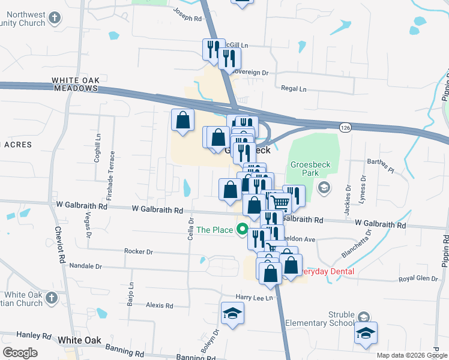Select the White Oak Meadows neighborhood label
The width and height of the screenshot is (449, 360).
click(74, 84)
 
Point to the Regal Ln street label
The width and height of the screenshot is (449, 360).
click(294, 88)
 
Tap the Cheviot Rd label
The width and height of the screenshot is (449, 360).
click(61, 246)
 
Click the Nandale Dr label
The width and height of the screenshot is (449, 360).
click(86, 265)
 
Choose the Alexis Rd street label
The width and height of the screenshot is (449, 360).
click(160, 305)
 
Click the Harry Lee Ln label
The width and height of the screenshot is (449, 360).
click(254, 298)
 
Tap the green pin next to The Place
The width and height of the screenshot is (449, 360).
click(243, 229)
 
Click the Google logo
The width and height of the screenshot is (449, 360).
click(20, 352)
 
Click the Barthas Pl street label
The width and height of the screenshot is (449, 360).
click(381, 165)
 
